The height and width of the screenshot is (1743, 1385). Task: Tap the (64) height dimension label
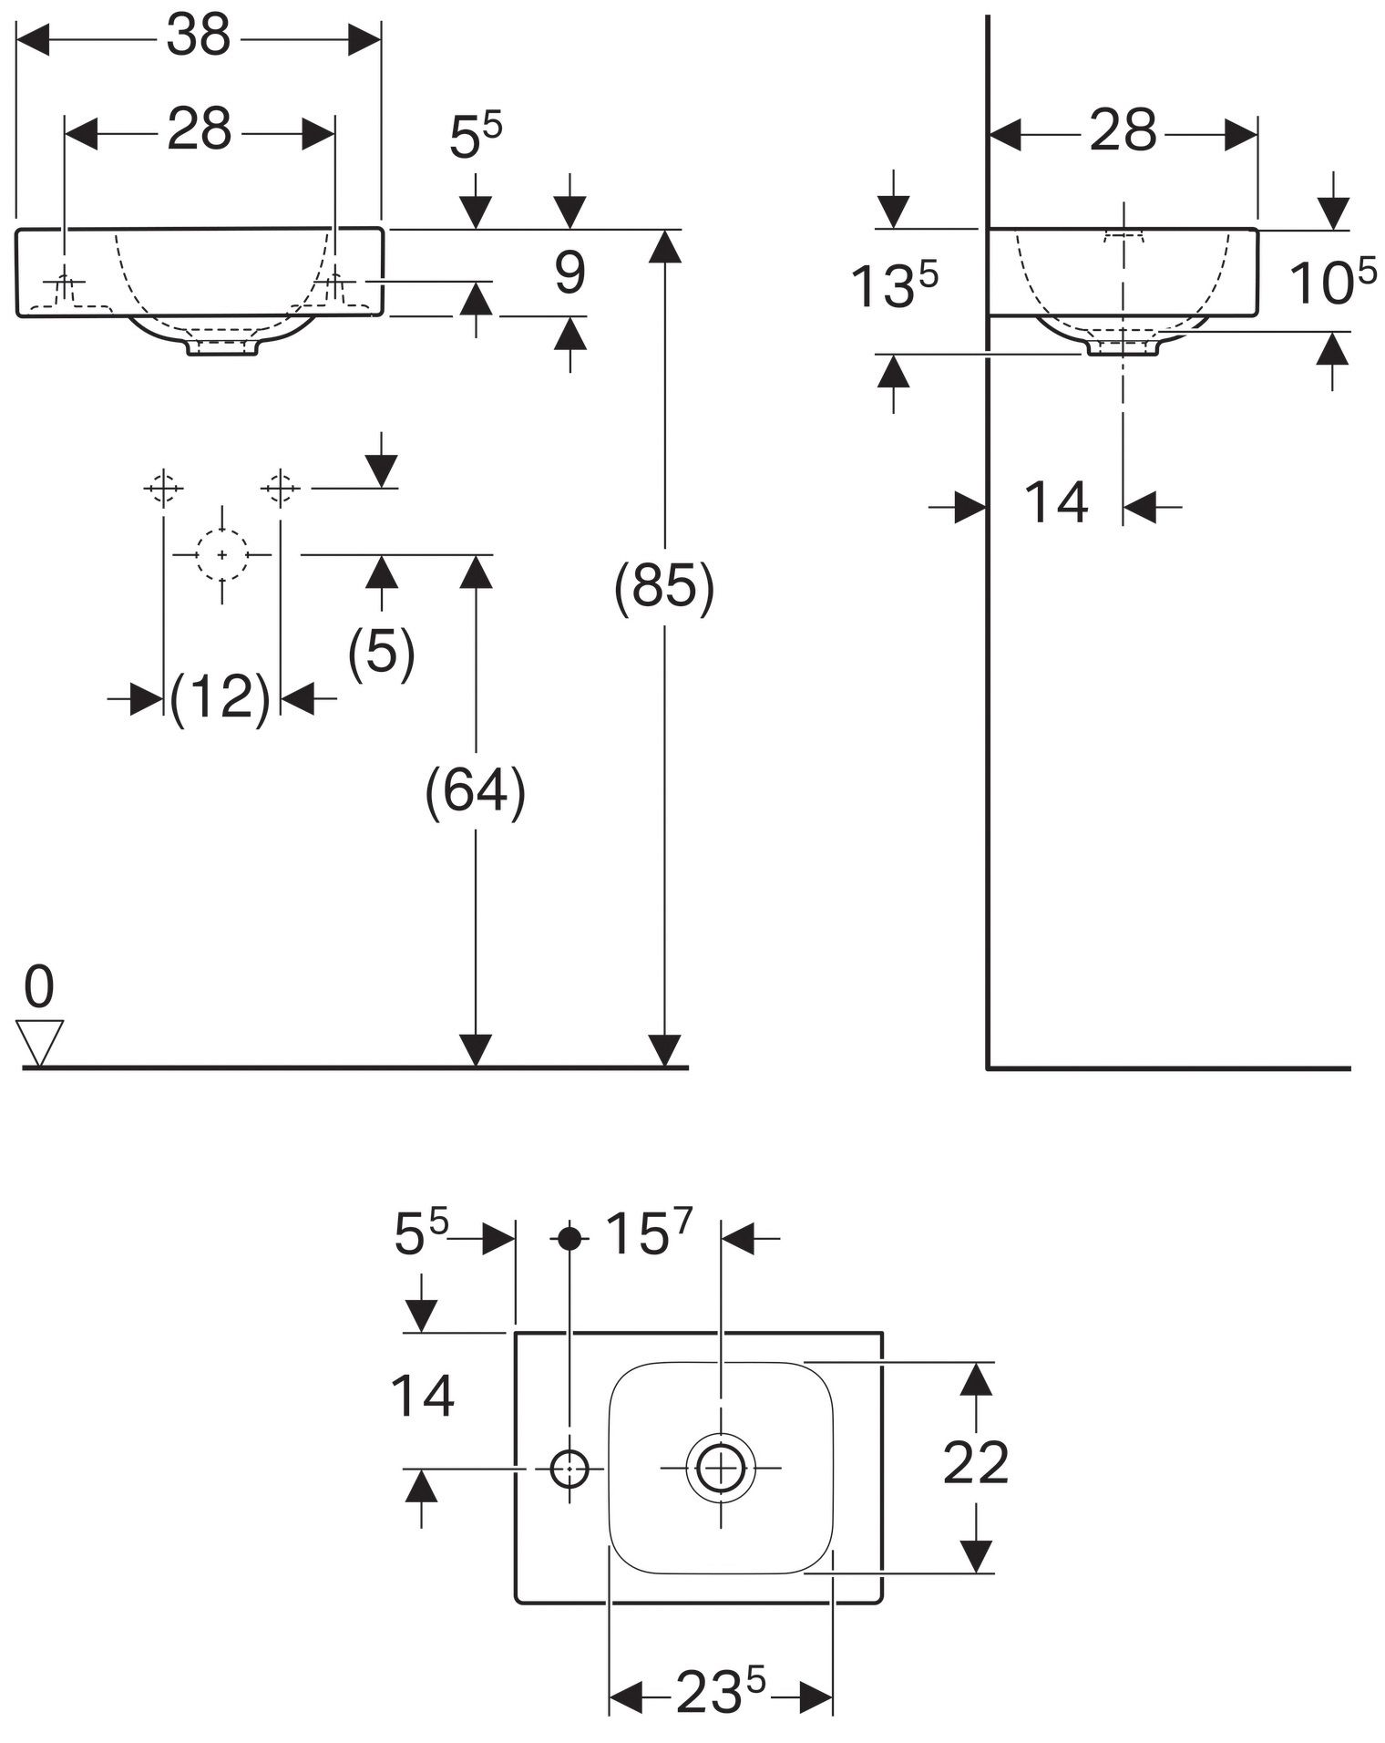click(x=476, y=790)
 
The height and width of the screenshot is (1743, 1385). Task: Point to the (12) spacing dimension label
click(x=221, y=699)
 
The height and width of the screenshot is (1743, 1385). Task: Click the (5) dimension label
click(x=382, y=651)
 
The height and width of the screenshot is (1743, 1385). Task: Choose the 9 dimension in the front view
click(x=570, y=273)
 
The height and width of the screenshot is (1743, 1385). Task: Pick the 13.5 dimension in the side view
click(x=894, y=285)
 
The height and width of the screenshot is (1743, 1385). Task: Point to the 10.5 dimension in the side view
click(x=1334, y=283)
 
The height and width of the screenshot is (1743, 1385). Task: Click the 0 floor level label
click(x=39, y=987)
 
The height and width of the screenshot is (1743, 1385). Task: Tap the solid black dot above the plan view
click(x=569, y=1238)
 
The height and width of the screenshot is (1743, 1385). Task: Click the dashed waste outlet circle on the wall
click(x=222, y=554)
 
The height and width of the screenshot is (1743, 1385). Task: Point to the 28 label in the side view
click(x=1123, y=131)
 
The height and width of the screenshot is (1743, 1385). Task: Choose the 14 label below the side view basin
click(x=1056, y=502)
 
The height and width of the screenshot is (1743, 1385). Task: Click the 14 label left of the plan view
click(x=423, y=1397)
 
